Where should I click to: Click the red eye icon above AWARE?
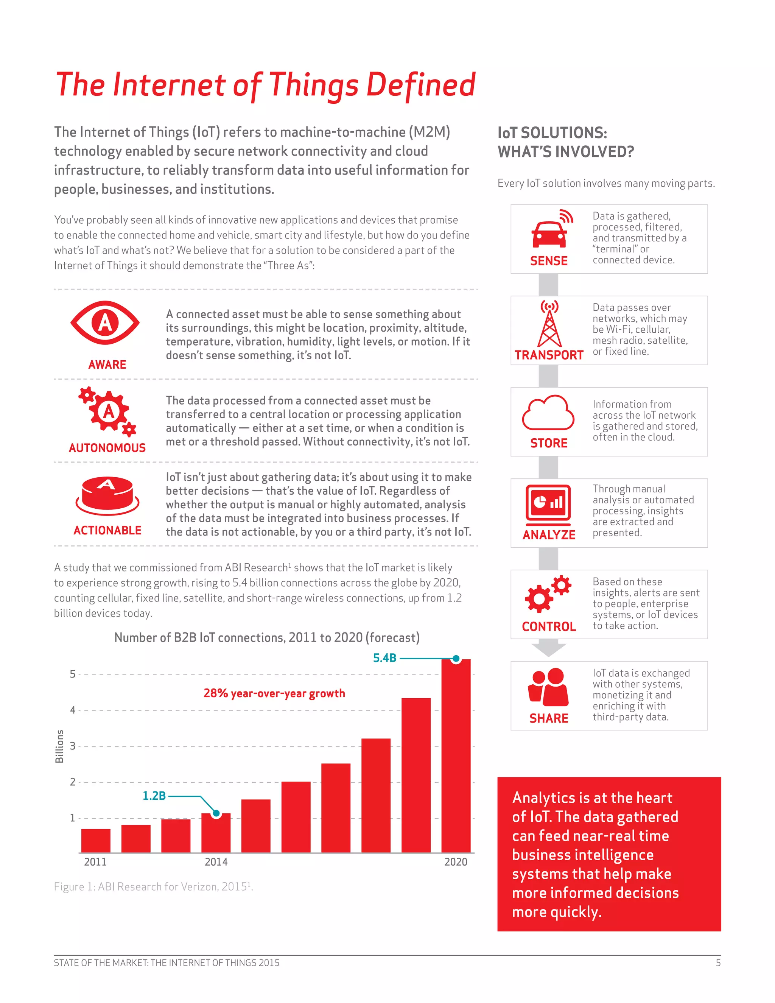[105, 323]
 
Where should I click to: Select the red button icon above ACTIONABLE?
[107, 495]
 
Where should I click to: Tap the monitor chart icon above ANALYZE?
[548, 504]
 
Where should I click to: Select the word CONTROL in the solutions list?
[549, 626]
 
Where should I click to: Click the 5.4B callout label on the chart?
[384, 658]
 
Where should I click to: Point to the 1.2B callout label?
[154, 796]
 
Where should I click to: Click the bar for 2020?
[456, 758]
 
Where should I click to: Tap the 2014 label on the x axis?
[216, 862]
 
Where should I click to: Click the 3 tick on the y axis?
[73, 746]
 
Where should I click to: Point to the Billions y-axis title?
[59, 747]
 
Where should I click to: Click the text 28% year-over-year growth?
[274, 693]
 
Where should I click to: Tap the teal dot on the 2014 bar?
[216, 813]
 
